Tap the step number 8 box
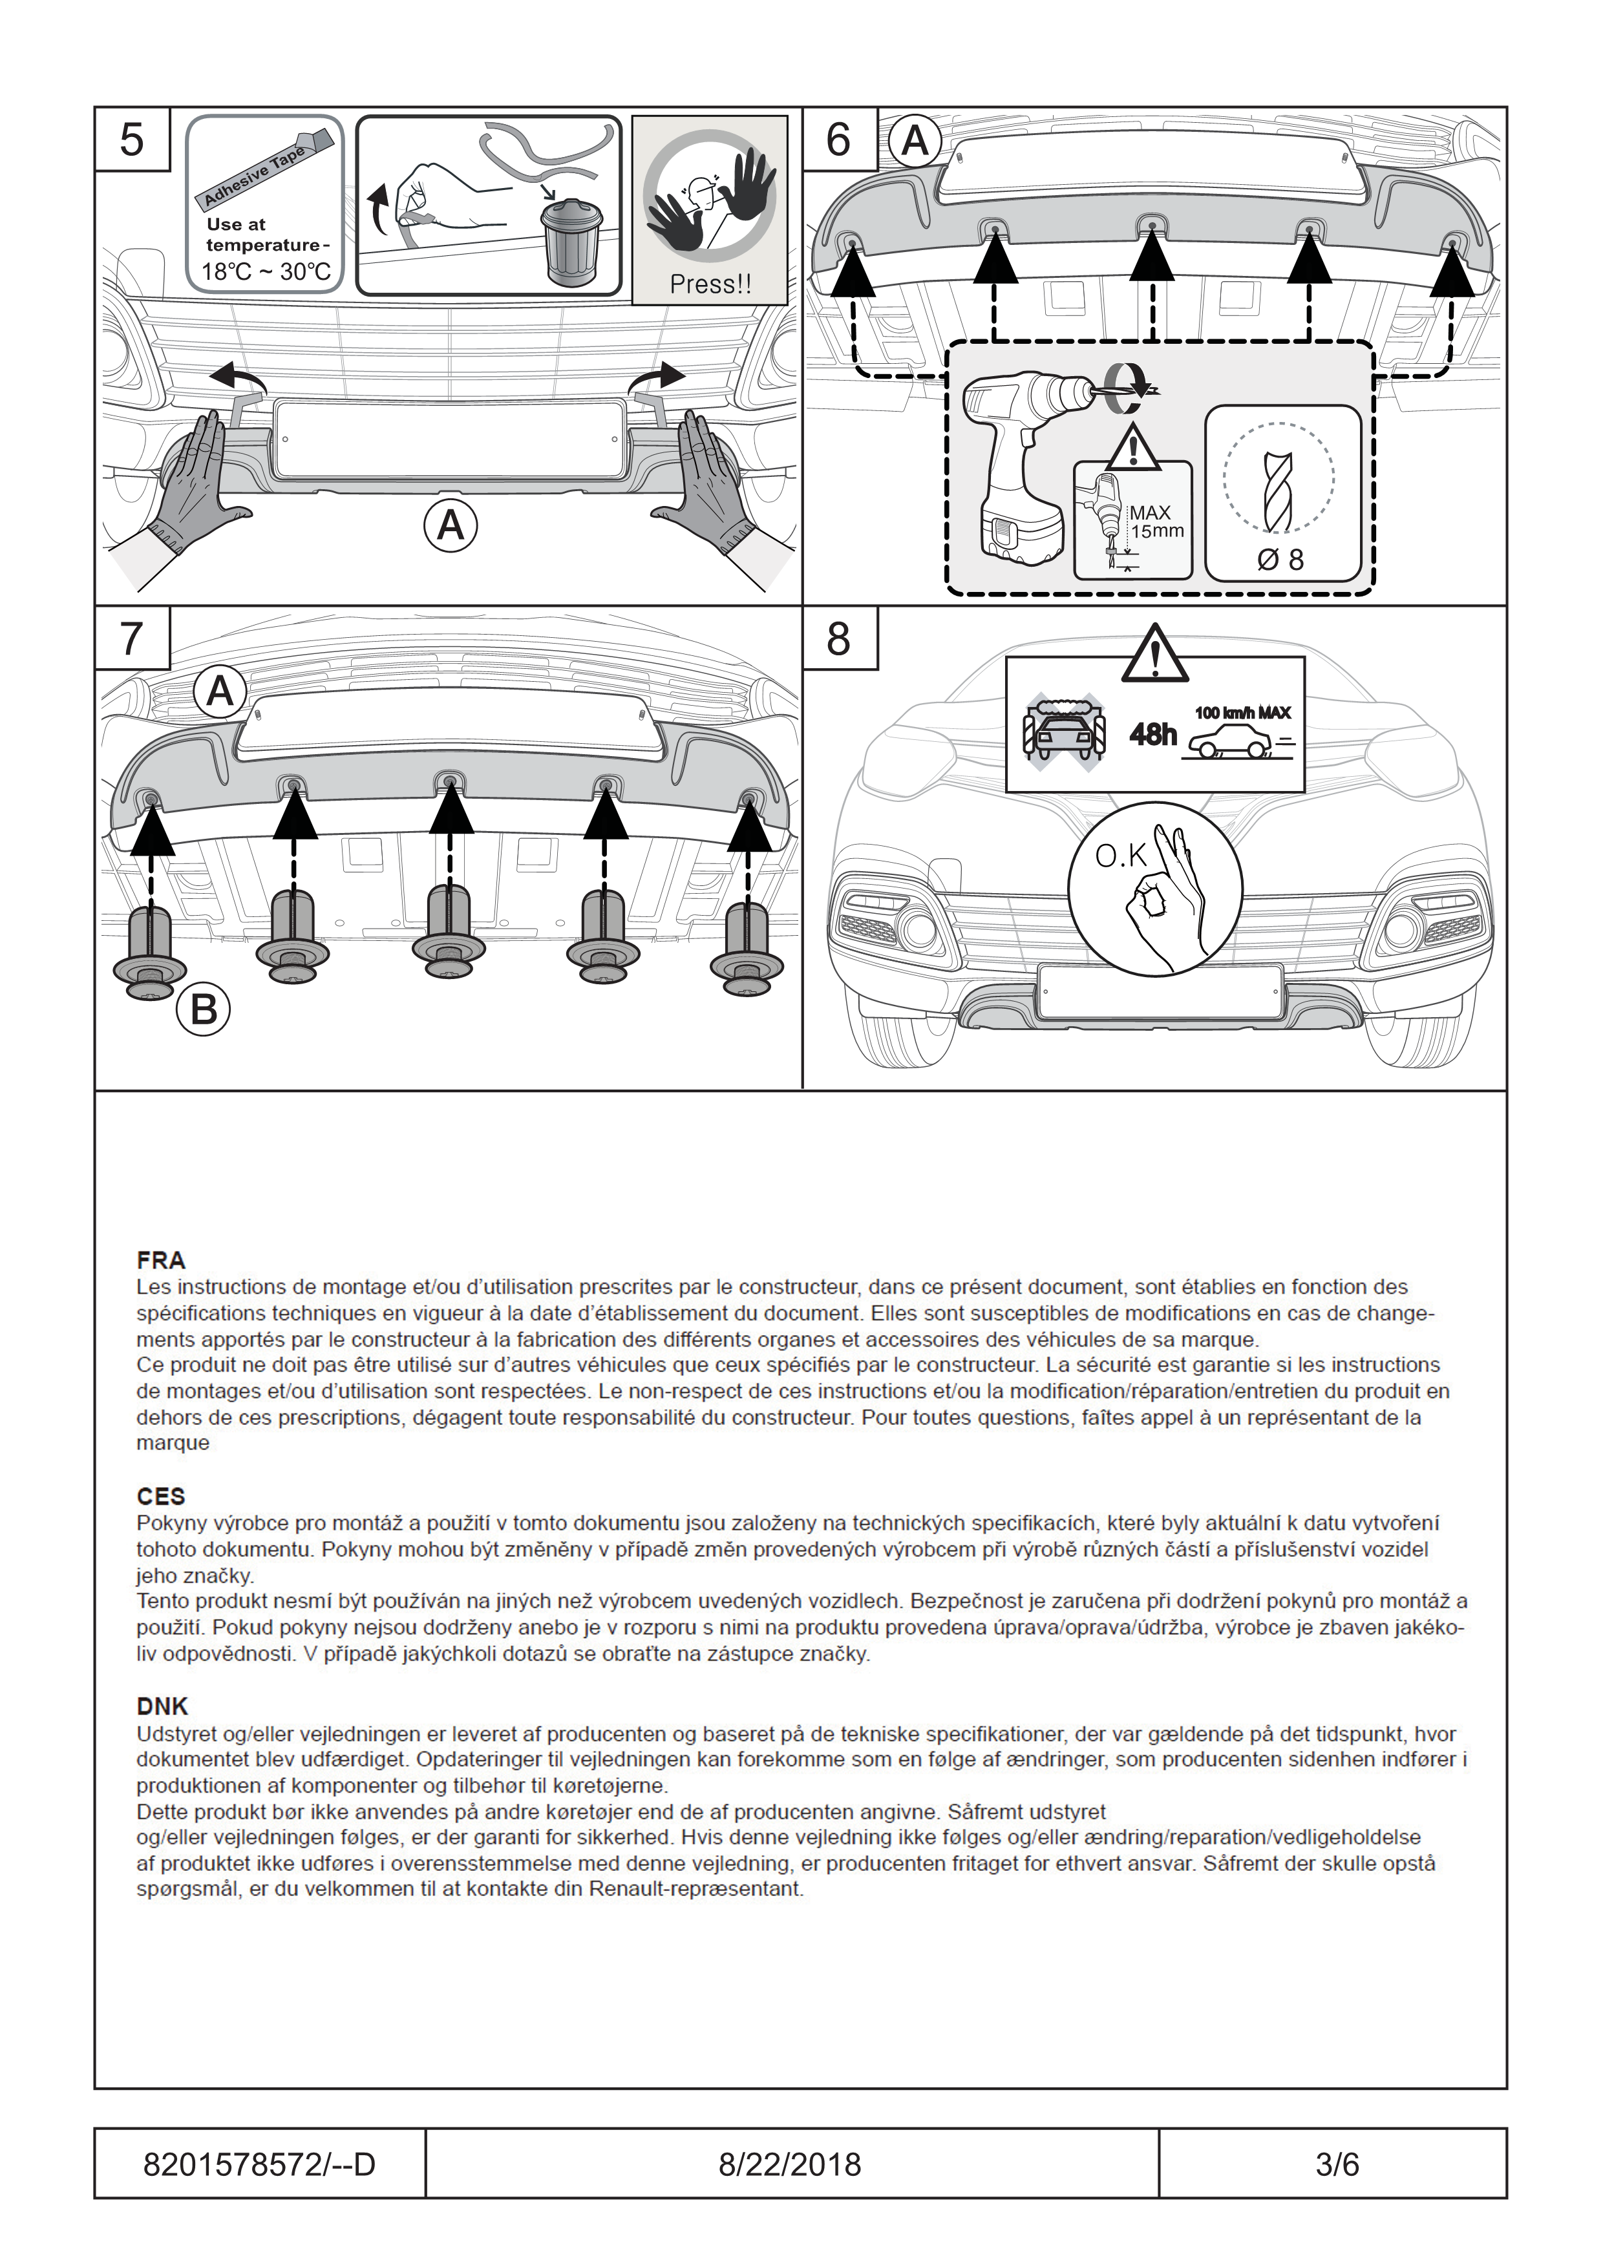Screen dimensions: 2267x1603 coord(838,639)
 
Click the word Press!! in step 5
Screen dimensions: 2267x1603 coord(710,284)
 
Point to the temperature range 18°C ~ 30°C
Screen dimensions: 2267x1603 coord(266,271)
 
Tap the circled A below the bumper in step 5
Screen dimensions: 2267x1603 coord(451,525)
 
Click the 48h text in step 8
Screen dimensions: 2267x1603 coord(1152,733)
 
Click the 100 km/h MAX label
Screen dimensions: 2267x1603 coord(1242,713)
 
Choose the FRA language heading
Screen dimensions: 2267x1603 coord(161,1260)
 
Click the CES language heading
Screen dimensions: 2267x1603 coord(161,1497)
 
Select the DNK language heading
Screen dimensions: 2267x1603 coord(162,1706)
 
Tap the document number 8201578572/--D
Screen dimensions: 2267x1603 coord(259,2164)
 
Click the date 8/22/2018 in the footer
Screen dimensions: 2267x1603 coord(790,2164)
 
